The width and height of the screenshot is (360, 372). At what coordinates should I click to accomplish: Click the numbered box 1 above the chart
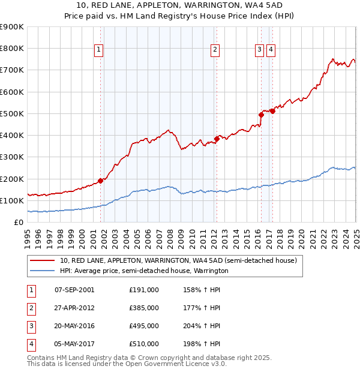98,50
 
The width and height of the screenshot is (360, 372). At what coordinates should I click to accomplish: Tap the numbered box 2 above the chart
214,50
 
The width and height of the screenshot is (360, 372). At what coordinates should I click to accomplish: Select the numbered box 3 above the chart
259,50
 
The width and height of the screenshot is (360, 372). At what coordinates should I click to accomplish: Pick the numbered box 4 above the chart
271,50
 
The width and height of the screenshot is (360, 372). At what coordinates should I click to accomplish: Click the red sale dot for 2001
100,181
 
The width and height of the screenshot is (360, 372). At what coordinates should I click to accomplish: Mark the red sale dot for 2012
216,139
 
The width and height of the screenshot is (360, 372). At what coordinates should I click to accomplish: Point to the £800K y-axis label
12,48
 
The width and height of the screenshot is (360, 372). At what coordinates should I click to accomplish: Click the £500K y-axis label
12,113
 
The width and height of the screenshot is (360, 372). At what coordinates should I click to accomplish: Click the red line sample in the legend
43,261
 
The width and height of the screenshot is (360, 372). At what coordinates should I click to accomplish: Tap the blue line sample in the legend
43,271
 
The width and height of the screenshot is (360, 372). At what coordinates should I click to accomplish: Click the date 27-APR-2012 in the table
74,307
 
